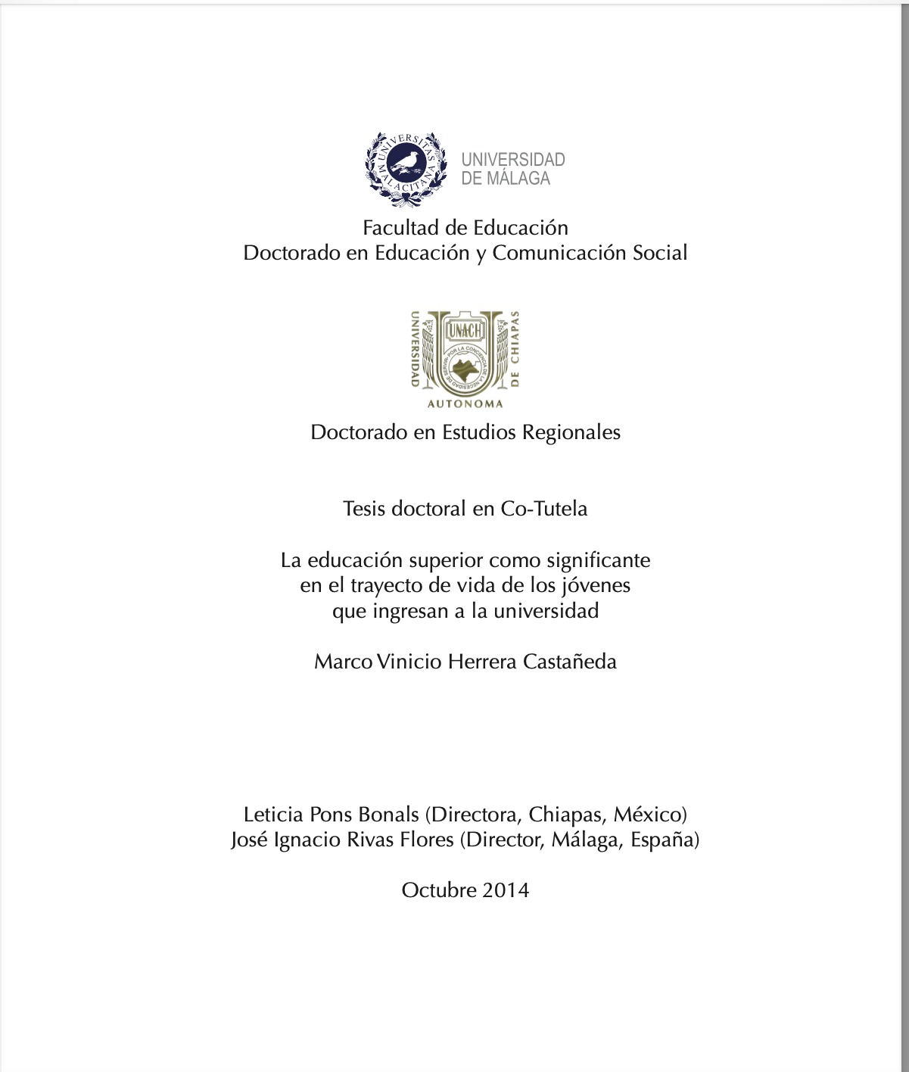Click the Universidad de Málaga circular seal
pyautogui.click(x=406, y=168)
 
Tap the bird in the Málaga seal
pyautogui.click(x=406, y=160)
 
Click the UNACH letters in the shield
pyautogui.click(x=465, y=331)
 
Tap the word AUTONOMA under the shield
pyautogui.click(x=465, y=404)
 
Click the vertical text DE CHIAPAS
pyautogui.click(x=515, y=349)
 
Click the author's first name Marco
pyautogui.click(x=343, y=662)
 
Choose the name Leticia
pyautogui.click(x=273, y=815)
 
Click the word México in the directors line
pyautogui.click(x=649, y=815)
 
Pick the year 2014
pyautogui.click(x=506, y=890)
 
